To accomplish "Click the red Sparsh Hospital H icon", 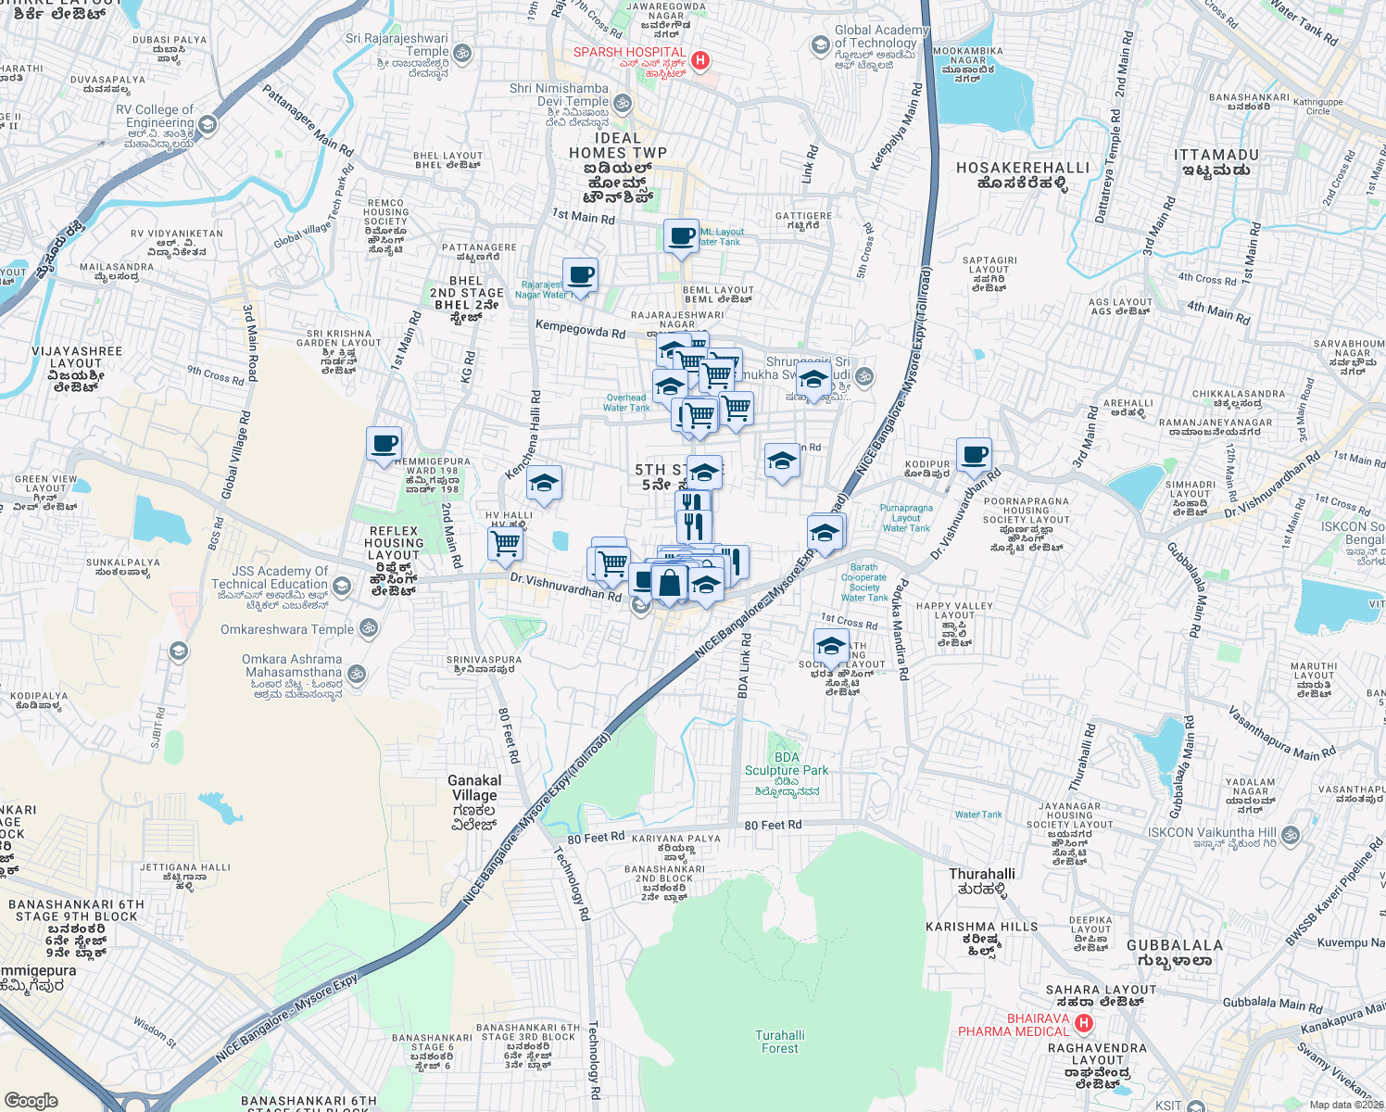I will pos(700,60).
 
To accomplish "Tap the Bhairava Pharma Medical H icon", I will pos(1083,1024).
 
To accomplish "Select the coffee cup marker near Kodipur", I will pos(974,455).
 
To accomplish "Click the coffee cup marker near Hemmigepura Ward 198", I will pos(384,444).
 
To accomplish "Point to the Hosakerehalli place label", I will pos(1023,175).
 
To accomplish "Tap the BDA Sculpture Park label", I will pos(787,764).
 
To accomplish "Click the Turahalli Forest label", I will pos(779,1042).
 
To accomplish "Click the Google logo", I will pos(31,1100).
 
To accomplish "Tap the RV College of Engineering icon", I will pos(208,124).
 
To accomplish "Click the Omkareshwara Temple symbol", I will pos(368,629).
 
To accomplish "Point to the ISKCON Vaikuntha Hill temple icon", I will pos(1291,834).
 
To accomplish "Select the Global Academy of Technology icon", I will pos(820,44).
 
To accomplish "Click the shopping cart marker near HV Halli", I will pos(505,544).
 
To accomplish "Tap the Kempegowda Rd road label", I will pos(580,328).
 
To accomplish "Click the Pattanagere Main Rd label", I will pos(308,120).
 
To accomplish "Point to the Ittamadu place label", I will pos(1216,162).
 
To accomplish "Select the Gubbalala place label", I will pos(1175,953).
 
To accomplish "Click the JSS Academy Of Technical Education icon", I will pos(342,586).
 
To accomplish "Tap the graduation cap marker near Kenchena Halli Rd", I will pos(544,483).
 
